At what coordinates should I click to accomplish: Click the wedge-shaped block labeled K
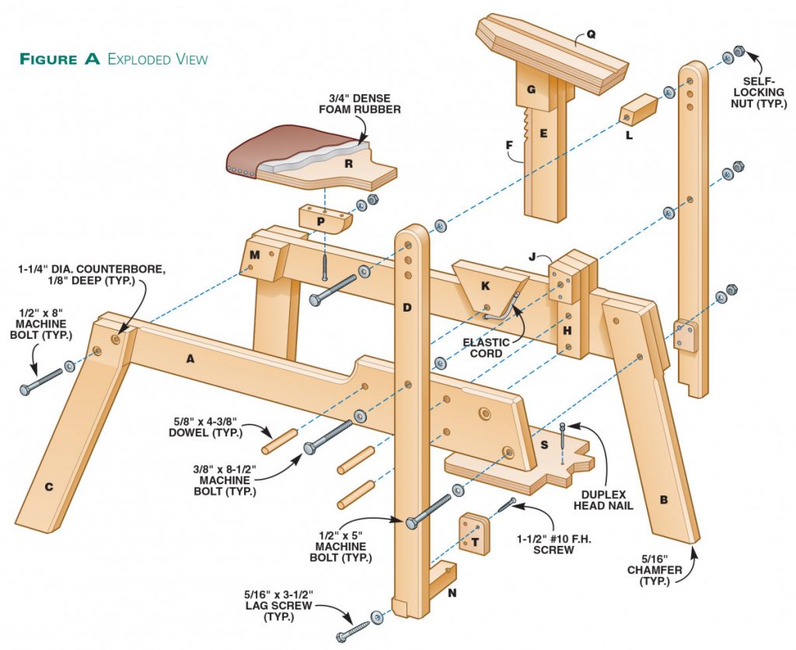(485, 287)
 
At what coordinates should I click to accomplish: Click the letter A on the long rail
(189, 358)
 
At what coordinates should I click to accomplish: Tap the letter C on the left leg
(48, 487)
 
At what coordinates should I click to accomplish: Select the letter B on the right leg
(664, 499)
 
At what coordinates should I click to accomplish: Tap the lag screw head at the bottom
(343, 637)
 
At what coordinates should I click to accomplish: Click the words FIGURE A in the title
(60, 59)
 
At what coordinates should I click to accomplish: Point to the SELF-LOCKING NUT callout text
(763, 92)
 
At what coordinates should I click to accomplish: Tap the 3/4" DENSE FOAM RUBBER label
(359, 103)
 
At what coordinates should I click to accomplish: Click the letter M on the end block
(254, 256)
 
